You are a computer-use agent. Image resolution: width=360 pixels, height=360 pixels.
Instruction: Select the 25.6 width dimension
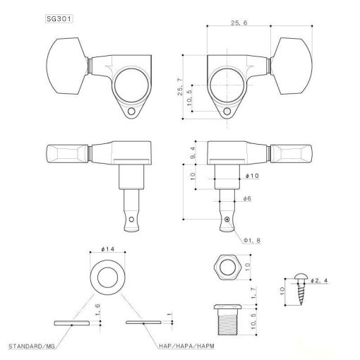239,24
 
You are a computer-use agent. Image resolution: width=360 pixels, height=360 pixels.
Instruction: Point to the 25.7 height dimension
185,73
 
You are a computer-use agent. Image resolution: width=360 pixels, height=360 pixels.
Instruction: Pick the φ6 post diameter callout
246,200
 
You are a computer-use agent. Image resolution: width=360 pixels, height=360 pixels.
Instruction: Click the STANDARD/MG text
32,347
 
